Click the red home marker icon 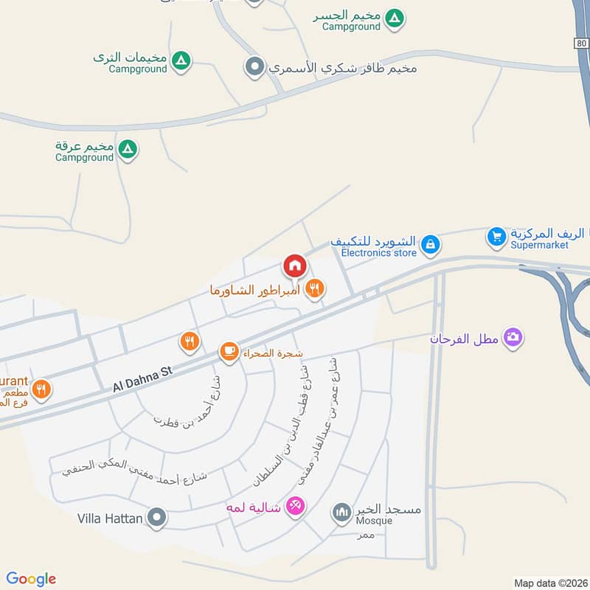294,265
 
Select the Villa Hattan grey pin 156,518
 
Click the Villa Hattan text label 110,518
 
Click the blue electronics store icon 431,243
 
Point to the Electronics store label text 379,253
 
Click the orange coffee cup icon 229,352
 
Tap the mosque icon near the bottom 341,513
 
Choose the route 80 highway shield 583,44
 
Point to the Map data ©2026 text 549,583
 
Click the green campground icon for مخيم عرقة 128,150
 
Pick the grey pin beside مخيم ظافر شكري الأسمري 254,68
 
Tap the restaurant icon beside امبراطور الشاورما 315,288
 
